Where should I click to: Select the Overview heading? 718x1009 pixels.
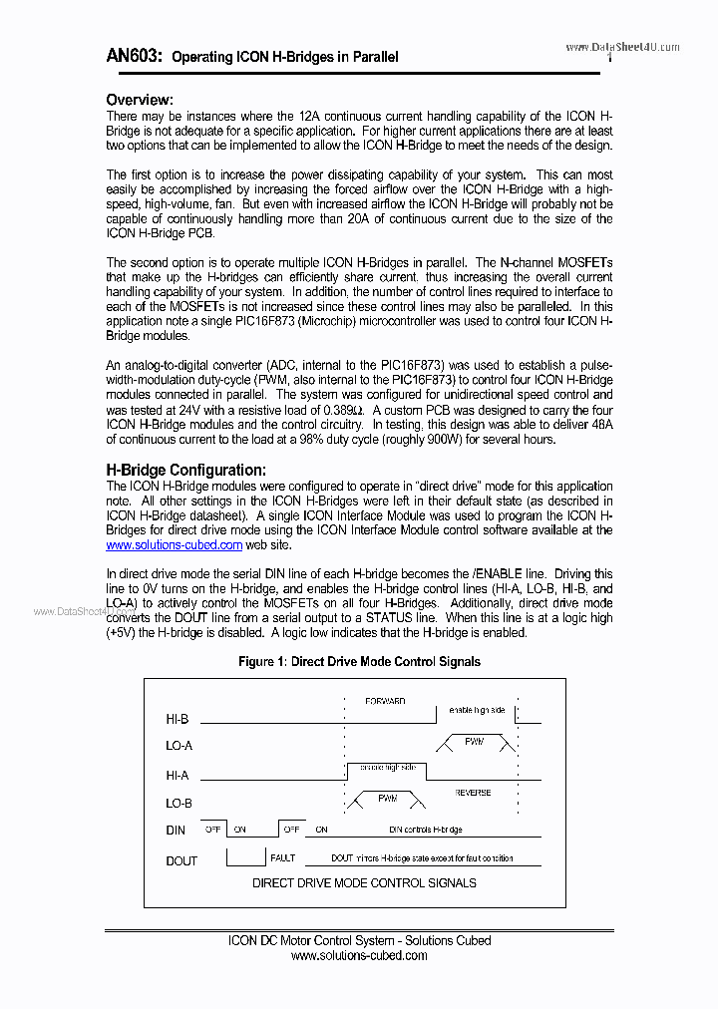coord(140,100)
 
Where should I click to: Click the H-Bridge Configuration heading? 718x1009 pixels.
coord(186,470)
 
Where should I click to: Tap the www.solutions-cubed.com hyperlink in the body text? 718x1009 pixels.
coord(175,545)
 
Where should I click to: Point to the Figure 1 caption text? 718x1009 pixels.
coord(359,662)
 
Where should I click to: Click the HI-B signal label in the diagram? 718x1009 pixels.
coord(179,718)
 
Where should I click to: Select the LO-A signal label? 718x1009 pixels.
coord(179,746)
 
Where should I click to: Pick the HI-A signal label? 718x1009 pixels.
coord(178,775)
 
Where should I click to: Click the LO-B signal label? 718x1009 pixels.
coord(179,803)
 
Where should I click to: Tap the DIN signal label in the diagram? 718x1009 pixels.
coord(176,831)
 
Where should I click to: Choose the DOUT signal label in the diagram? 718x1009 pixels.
coord(181,860)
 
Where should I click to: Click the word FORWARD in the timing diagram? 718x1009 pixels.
coord(385,702)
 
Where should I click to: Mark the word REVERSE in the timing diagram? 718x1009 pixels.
coord(473,794)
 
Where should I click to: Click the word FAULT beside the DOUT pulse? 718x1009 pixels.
coord(283,857)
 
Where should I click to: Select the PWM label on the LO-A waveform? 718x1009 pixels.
coord(475,742)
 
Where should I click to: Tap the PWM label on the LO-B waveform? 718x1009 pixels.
coord(388,799)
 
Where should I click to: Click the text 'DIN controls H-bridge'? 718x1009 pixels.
coord(425,830)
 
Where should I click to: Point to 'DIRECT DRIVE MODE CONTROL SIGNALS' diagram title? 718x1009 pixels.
coord(364,883)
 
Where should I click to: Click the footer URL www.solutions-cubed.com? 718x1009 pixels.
coord(359,955)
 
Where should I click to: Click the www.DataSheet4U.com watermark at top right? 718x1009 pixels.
coord(622,47)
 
